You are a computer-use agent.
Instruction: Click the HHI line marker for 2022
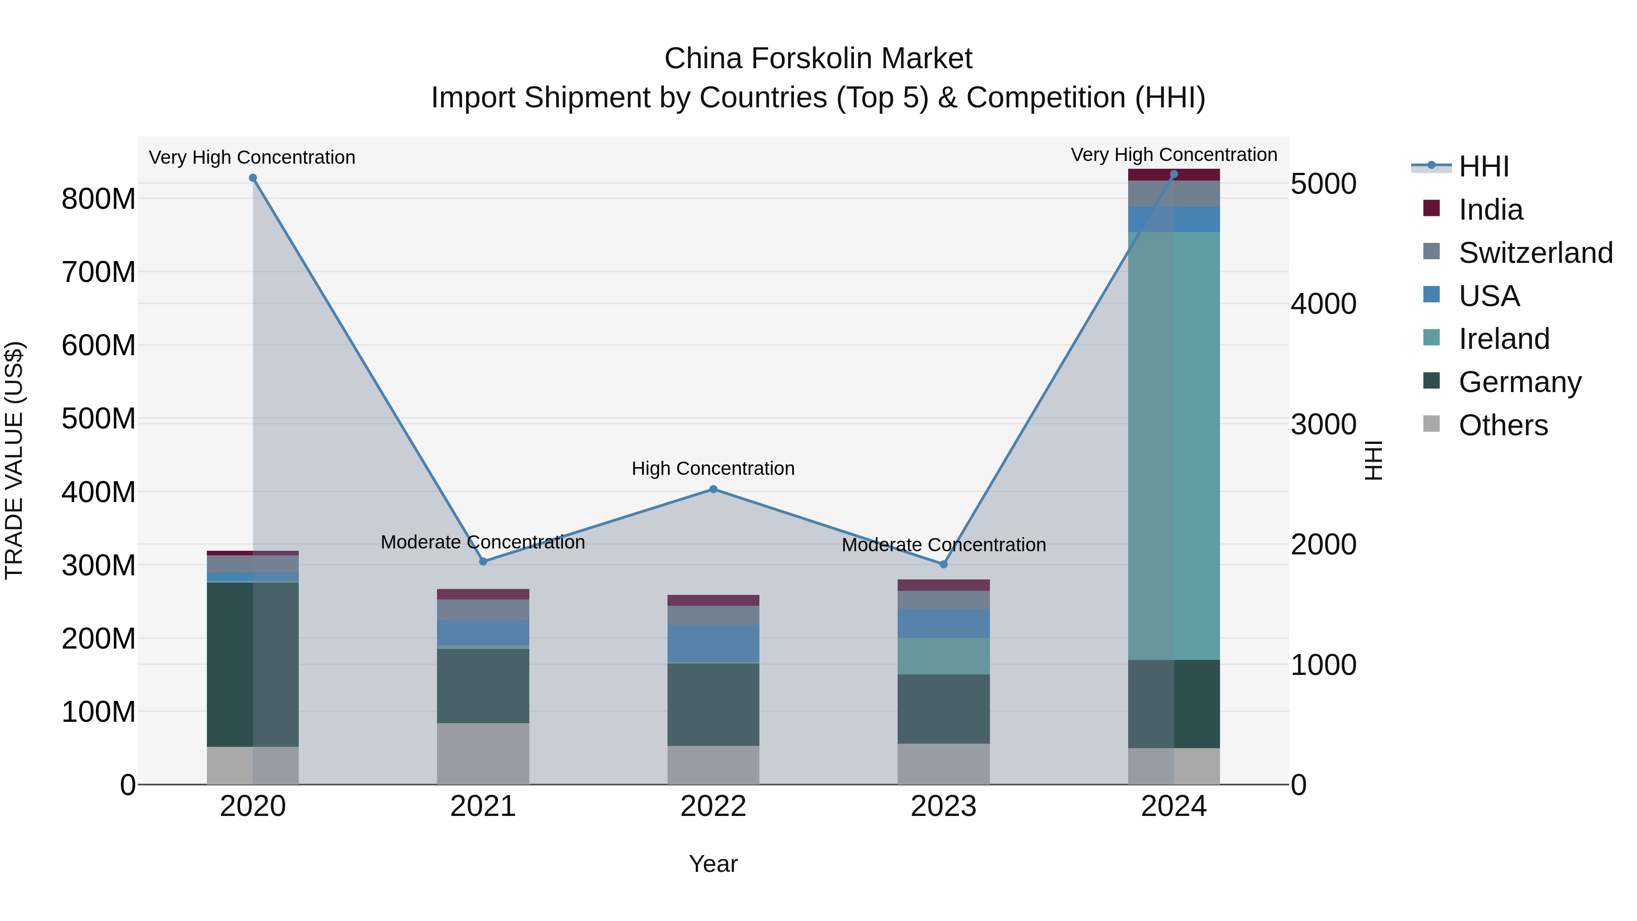coord(713,489)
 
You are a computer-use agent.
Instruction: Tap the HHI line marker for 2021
coord(483,561)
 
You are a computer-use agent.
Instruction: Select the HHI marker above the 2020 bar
coord(253,178)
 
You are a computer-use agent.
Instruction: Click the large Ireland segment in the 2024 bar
coord(1174,445)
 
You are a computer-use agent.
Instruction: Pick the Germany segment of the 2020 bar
coord(253,664)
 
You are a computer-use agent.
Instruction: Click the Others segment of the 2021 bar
coord(483,753)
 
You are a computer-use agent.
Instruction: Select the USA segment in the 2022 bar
coord(713,643)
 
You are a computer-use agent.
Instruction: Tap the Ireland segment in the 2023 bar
coord(943,656)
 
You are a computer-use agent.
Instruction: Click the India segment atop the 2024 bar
coord(1174,175)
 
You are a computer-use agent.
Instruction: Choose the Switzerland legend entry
coord(1535,253)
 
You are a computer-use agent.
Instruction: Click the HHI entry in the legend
coord(1483,166)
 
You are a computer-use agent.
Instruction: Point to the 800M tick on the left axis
coord(99,199)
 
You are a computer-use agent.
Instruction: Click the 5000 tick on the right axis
coord(1323,184)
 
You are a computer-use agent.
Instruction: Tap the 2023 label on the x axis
coord(943,806)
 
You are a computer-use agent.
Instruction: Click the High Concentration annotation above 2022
coord(713,468)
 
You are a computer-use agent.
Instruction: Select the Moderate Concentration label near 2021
coord(483,542)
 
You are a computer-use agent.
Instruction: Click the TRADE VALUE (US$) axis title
coord(14,460)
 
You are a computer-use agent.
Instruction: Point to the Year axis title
coord(713,864)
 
